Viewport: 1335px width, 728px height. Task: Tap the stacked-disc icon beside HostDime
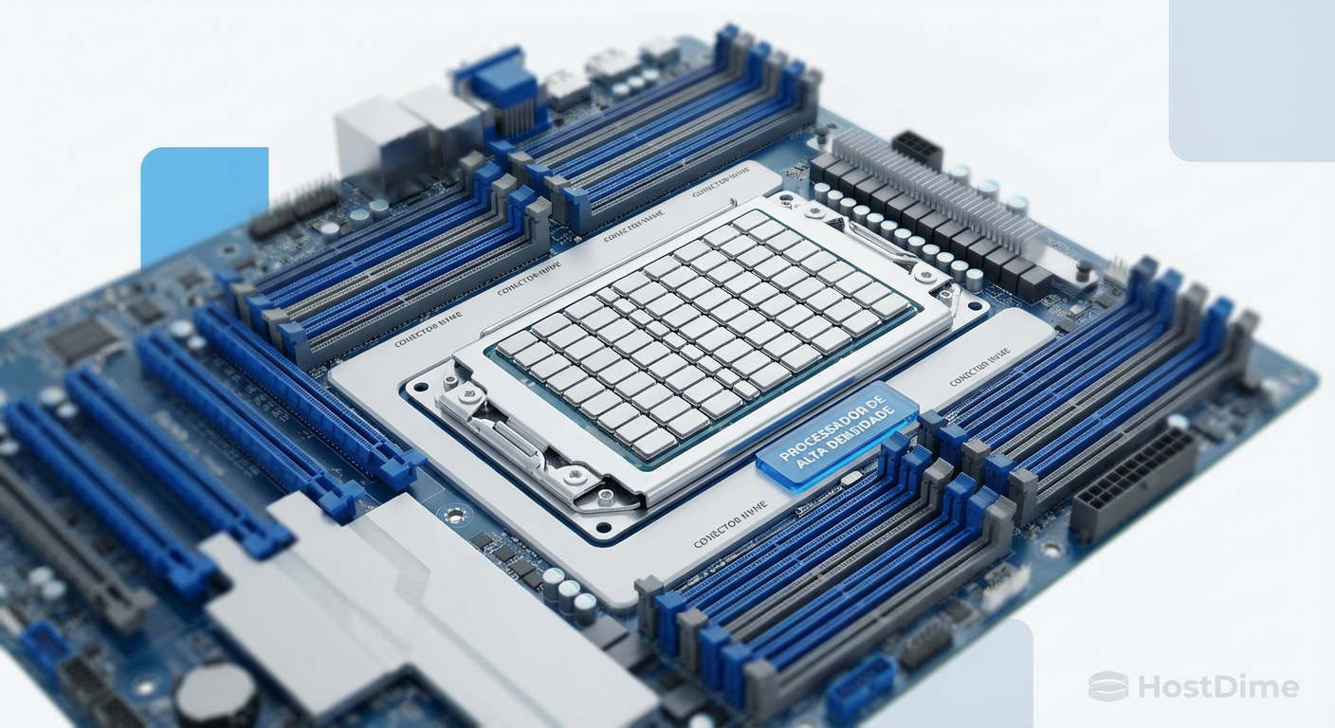click(1107, 685)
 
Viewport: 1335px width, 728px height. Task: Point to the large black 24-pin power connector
click(1133, 484)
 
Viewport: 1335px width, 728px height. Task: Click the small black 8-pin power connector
click(916, 150)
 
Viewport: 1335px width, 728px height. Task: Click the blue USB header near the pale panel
click(859, 688)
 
